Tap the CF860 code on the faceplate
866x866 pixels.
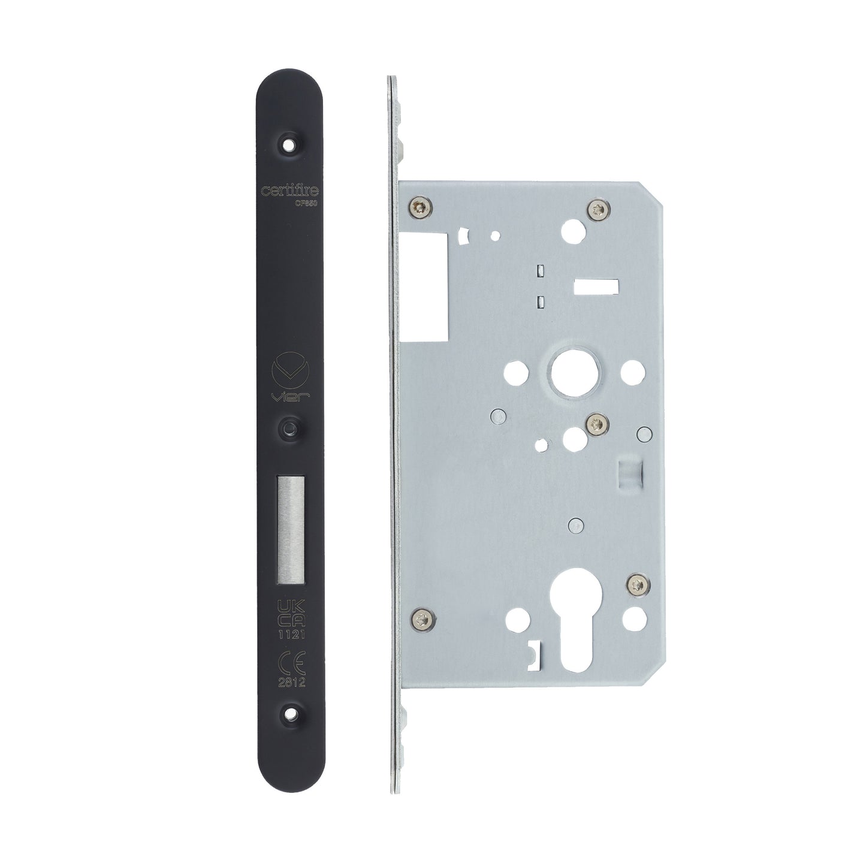click(306, 203)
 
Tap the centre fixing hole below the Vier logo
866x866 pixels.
click(291, 425)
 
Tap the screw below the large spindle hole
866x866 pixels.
click(594, 423)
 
